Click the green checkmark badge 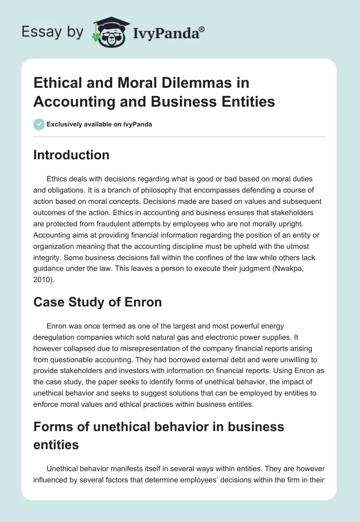(x=39, y=124)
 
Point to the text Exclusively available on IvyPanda (x=100, y=124)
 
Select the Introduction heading (x=71, y=155)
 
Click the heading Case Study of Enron (x=97, y=302)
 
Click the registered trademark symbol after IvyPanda (x=202, y=28)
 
